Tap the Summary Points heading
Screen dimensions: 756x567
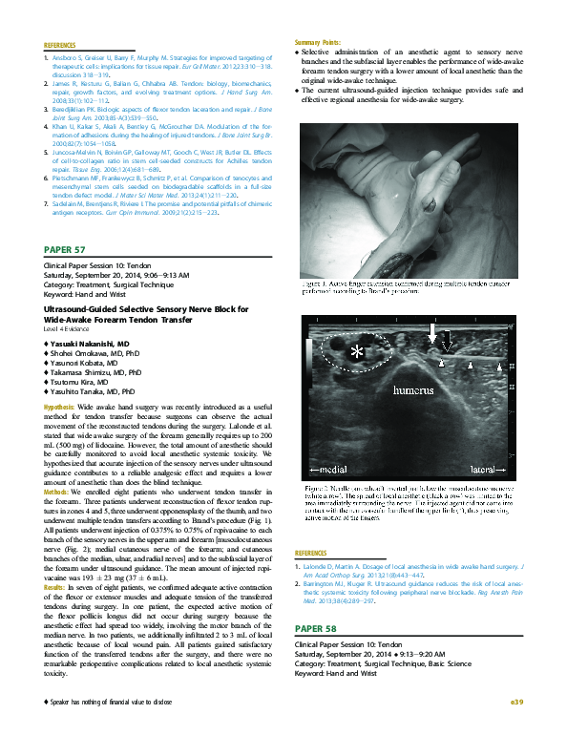322,42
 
